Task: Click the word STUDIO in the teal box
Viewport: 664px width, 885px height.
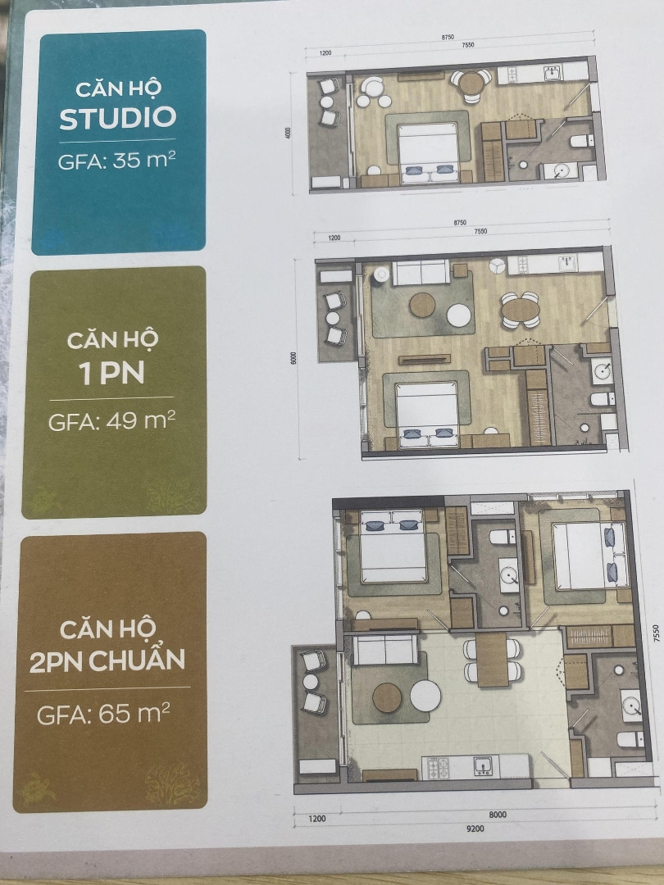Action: [x=117, y=117]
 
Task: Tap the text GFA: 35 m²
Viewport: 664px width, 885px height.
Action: [x=116, y=161]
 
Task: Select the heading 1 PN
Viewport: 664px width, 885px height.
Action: [x=112, y=373]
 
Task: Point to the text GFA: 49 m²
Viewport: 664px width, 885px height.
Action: [x=111, y=420]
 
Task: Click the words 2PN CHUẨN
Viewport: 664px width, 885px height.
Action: [x=107, y=659]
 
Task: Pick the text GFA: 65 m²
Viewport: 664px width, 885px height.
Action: [x=103, y=714]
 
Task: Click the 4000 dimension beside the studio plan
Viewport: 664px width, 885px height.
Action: [x=288, y=134]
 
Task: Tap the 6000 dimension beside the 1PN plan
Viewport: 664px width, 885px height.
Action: [x=293, y=358]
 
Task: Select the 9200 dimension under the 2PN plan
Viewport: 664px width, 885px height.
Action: [x=475, y=828]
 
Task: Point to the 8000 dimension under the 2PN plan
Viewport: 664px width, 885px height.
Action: [x=498, y=815]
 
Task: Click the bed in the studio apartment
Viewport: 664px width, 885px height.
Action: [x=428, y=152]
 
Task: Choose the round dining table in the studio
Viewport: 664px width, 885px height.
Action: [x=470, y=84]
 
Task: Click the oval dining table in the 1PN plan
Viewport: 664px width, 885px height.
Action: [x=519, y=309]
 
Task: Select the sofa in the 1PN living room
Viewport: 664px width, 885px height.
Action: [x=421, y=272]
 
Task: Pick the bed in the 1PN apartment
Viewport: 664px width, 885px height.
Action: [x=426, y=414]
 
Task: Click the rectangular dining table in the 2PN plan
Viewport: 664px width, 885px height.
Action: [x=492, y=659]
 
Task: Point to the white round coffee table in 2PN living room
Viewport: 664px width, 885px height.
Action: [x=425, y=696]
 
